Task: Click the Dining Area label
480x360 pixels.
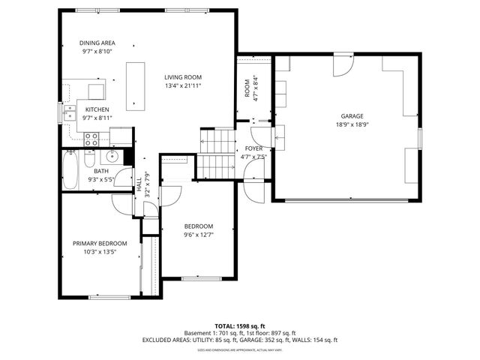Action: pyautogui.click(x=98, y=43)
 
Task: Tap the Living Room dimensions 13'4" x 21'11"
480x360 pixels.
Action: pyautogui.click(x=183, y=85)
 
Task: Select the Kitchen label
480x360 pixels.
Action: pyautogui.click(x=97, y=109)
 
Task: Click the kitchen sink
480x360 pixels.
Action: pyautogui.click(x=69, y=112)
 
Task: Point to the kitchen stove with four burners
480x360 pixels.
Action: pyautogui.click(x=92, y=138)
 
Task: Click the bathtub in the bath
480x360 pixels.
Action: pyautogui.click(x=70, y=172)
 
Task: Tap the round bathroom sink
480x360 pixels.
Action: pyautogui.click(x=112, y=156)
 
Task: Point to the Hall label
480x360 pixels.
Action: pyautogui.click(x=139, y=184)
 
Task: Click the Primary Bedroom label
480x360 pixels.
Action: pyautogui.click(x=100, y=243)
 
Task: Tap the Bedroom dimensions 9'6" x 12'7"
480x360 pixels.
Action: pyautogui.click(x=199, y=235)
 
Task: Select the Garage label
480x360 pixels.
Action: pyautogui.click(x=352, y=116)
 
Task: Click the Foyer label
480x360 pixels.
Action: pyautogui.click(x=253, y=148)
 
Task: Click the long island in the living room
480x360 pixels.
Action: pyautogui.click(x=136, y=84)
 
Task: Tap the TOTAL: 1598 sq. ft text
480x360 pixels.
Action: pyautogui.click(x=241, y=325)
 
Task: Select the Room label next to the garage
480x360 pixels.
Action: pyautogui.click(x=247, y=88)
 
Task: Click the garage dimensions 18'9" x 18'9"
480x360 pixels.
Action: pyautogui.click(x=352, y=125)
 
